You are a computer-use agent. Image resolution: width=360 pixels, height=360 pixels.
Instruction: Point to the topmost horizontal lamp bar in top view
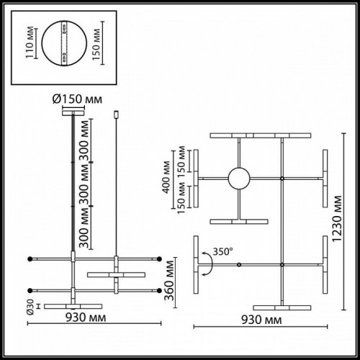coord(260,135)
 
